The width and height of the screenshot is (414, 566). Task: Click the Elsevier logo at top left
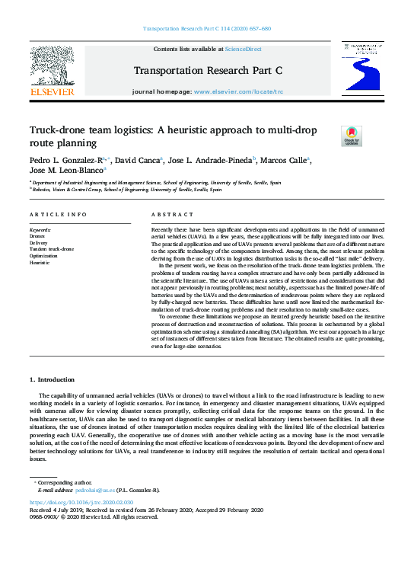pyautogui.click(x=51, y=73)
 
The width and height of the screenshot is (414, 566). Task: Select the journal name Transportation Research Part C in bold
pyautogui.click(x=208, y=70)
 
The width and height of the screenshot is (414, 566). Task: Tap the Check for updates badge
pyautogui.click(x=330, y=136)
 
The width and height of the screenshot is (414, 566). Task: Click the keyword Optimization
pyautogui.click(x=45, y=255)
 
